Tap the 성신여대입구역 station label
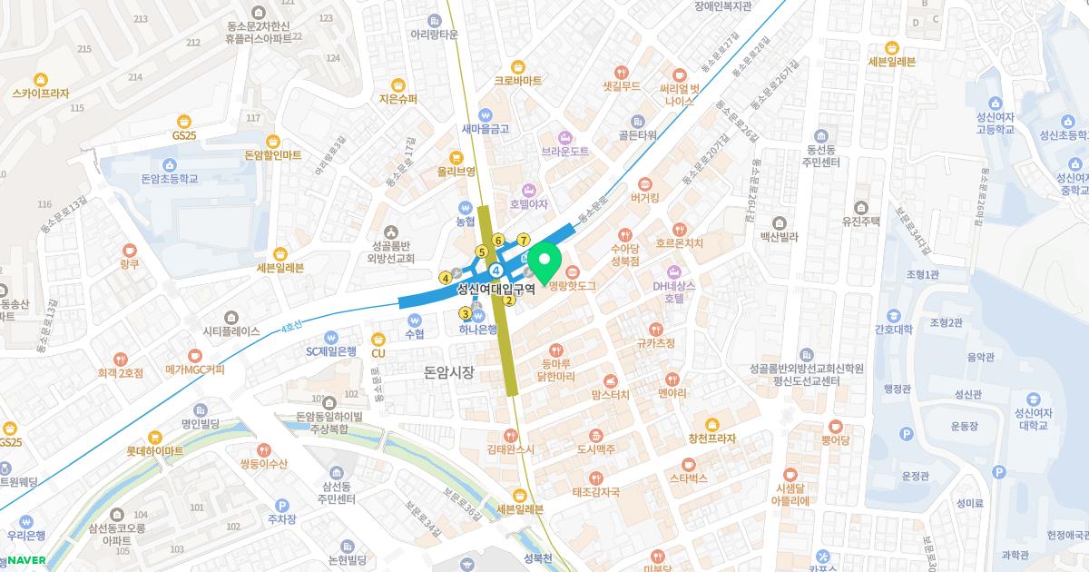tap(495, 290)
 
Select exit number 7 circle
tap(524, 240)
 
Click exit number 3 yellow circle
tap(466, 314)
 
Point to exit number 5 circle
tap(482, 251)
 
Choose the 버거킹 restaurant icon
tap(644, 182)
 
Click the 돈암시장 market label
tap(449, 372)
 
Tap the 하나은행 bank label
tap(477, 329)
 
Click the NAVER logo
tap(26, 560)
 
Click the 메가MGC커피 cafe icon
tap(194, 355)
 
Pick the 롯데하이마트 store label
tap(154, 451)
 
